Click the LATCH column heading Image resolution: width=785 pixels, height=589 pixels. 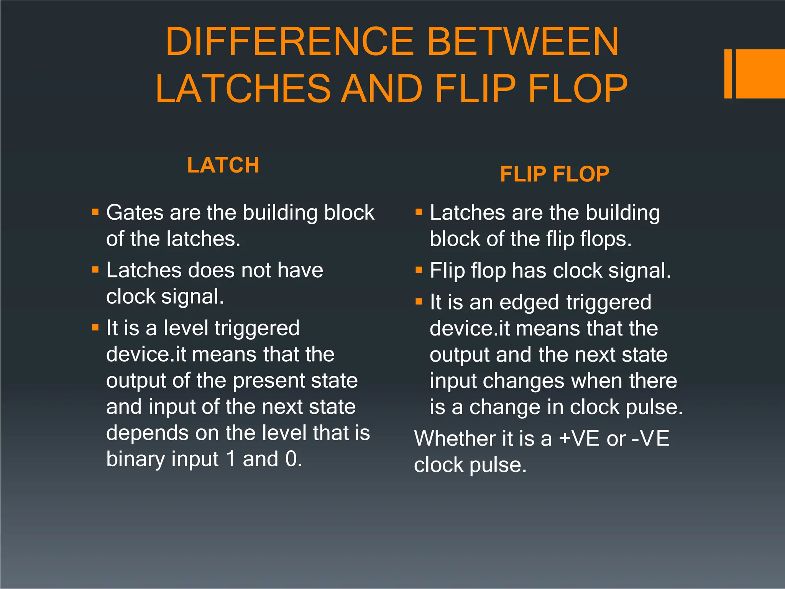click(x=223, y=165)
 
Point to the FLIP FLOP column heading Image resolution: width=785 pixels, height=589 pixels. click(x=554, y=174)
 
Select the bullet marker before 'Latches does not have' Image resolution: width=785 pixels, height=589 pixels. click(x=95, y=270)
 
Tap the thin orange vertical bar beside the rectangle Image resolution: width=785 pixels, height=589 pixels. click(x=728, y=74)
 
